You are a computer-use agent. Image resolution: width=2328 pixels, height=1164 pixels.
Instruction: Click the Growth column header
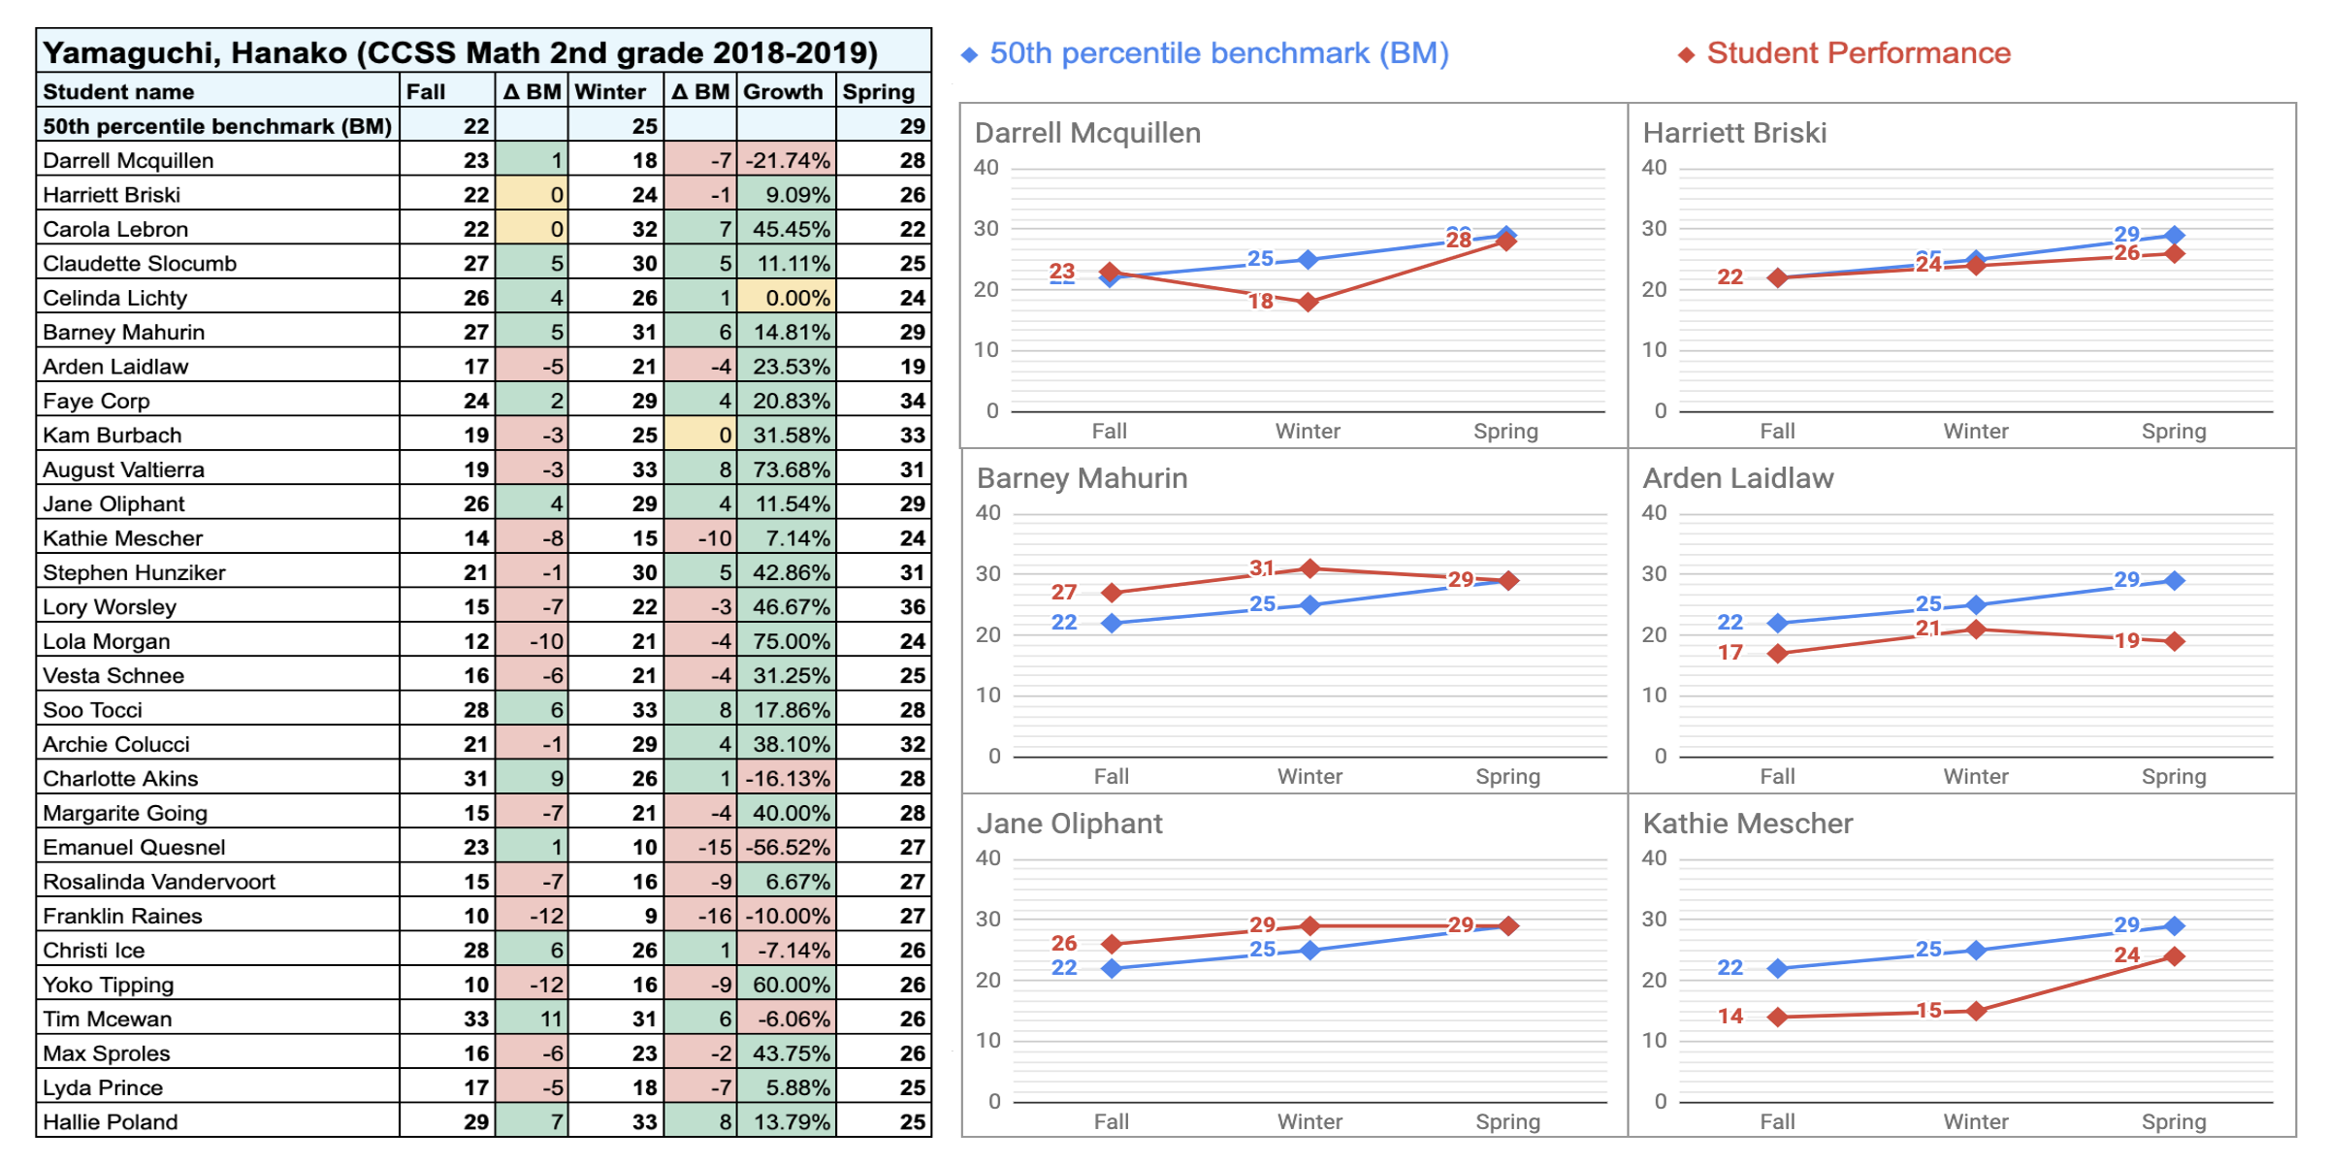(x=784, y=92)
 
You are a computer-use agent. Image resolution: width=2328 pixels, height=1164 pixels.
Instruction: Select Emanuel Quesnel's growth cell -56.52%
(x=787, y=847)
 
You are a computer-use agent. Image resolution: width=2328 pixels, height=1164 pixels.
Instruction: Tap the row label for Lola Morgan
(x=107, y=641)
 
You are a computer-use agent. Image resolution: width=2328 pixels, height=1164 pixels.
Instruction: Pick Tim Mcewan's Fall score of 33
(x=475, y=1018)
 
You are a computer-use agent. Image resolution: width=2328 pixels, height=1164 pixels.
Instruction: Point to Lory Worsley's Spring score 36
(x=912, y=606)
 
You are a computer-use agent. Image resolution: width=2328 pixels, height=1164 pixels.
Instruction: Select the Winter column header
(x=610, y=92)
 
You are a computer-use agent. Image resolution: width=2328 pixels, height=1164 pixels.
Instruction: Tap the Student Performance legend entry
(x=1857, y=53)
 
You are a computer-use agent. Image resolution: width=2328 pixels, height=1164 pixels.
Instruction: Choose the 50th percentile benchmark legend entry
(x=1217, y=53)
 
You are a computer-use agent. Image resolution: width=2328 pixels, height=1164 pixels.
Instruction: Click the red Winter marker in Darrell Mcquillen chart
(x=1308, y=302)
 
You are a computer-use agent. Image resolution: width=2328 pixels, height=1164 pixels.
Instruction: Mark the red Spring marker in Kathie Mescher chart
(x=2175, y=955)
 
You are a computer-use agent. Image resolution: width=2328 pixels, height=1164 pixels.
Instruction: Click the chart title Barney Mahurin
(x=1082, y=478)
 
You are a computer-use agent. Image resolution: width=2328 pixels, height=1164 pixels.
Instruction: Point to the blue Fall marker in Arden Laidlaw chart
(x=1777, y=623)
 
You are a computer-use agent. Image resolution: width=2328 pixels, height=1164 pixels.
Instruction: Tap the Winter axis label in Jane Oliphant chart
(x=1309, y=1121)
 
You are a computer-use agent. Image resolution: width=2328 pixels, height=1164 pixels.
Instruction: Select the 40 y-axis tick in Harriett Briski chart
(x=1654, y=168)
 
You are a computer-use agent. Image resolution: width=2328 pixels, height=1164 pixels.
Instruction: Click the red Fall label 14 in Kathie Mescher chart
(x=1730, y=1016)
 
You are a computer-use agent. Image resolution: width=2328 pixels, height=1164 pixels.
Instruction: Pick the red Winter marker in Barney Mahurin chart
(x=1309, y=568)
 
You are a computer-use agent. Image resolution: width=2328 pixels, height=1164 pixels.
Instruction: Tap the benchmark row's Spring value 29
(x=912, y=126)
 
